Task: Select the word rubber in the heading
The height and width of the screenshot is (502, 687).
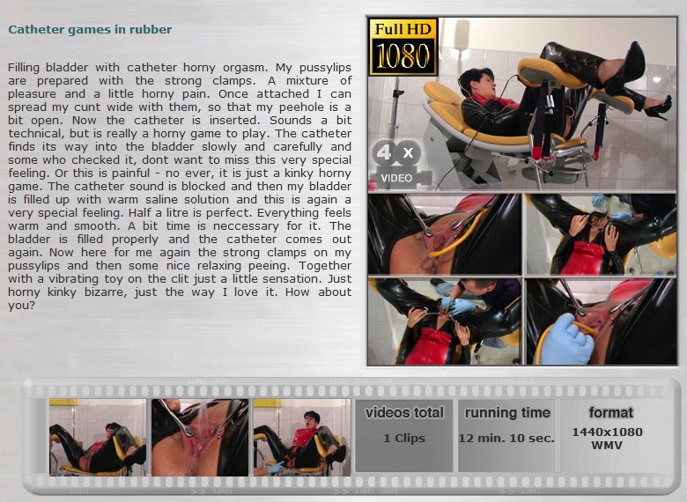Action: tap(153, 29)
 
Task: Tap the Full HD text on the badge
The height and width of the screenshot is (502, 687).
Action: tap(403, 29)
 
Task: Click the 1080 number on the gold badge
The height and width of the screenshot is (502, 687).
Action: tap(403, 56)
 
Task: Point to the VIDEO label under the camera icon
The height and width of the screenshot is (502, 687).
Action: tap(396, 178)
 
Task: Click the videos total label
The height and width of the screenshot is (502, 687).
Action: tap(404, 413)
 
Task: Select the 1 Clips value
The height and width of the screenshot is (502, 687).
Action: tap(404, 438)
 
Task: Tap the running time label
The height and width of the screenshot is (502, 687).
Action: tap(507, 413)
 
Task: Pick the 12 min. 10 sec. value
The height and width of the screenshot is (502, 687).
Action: tap(506, 438)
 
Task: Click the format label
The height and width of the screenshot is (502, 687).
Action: tap(610, 412)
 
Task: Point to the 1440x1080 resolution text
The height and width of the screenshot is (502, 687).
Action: tap(607, 432)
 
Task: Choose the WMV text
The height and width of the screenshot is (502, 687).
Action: tap(607, 445)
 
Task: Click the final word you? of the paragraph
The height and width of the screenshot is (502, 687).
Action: tap(21, 306)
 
